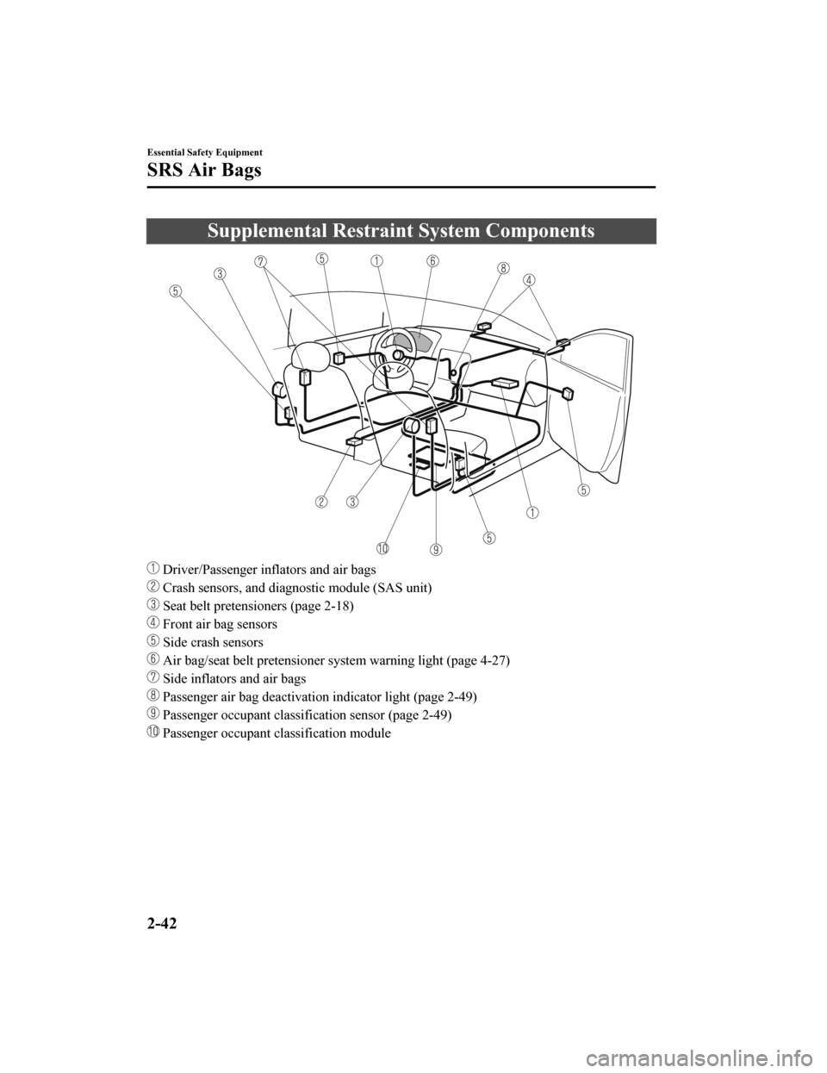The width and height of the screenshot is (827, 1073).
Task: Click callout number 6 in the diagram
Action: (432, 259)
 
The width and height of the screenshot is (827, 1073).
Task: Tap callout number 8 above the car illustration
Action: (503, 268)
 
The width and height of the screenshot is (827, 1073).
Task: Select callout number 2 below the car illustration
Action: (321, 502)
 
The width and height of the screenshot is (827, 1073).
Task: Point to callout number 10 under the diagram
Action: (382, 548)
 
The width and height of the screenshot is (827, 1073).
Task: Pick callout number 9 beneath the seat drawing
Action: (437, 549)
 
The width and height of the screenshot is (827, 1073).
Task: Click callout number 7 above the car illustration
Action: (260, 260)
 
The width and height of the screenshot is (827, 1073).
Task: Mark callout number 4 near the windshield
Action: (528, 279)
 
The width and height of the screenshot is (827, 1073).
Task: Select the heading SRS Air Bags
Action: (204, 171)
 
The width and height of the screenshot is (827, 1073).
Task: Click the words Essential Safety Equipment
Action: (203, 151)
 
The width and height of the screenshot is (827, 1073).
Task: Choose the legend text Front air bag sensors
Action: (220, 624)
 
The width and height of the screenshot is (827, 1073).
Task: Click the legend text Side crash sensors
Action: (213, 642)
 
